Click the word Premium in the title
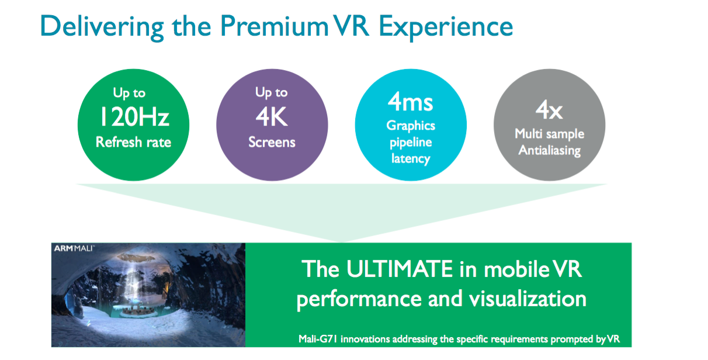click(x=274, y=26)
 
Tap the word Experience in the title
click(x=445, y=27)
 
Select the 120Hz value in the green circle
click(x=134, y=116)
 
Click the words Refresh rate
click(x=133, y=142)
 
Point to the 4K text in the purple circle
click(x=272, y=116)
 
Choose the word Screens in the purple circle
click(x=272, y=142)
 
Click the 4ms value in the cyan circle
click(x=410, y=102)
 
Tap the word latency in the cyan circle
click(x=411, y=158)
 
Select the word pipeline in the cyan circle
click(x=411, y=143)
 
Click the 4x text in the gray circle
click(x=549, y=110)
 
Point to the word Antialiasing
click(x=549, y=150)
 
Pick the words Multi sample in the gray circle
click(x=549, y=134)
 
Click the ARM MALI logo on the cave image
click(x=74, y=248)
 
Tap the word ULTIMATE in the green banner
click(x=400, y=269)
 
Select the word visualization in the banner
click(x=527, y=299)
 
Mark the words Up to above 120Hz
click(x=129, y=93)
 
